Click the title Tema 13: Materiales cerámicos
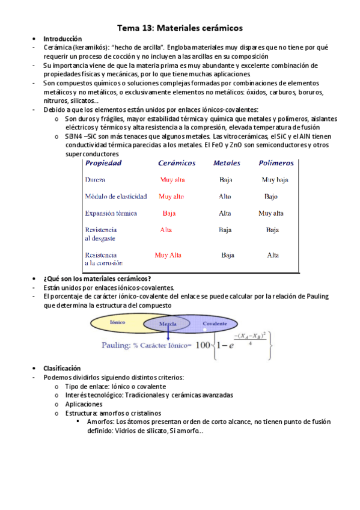coord(180,28)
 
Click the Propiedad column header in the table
coord(103,163)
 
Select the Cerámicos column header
coord(177,163)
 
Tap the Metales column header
coord(227,163)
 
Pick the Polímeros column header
coord(276,163)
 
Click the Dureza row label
coord(96,180)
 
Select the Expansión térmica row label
coord(111,214)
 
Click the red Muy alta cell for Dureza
coord(172,180)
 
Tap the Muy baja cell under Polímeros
coord(275,180)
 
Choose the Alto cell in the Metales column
coord(225,197)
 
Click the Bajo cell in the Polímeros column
coord(271,197)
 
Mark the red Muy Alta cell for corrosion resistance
coord(168,255)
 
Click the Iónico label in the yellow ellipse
coord(118,322)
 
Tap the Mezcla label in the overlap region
coord(168,325)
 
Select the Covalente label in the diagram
coord(215,324)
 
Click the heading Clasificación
coord(62,368)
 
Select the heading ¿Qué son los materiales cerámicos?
coord(97,278)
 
